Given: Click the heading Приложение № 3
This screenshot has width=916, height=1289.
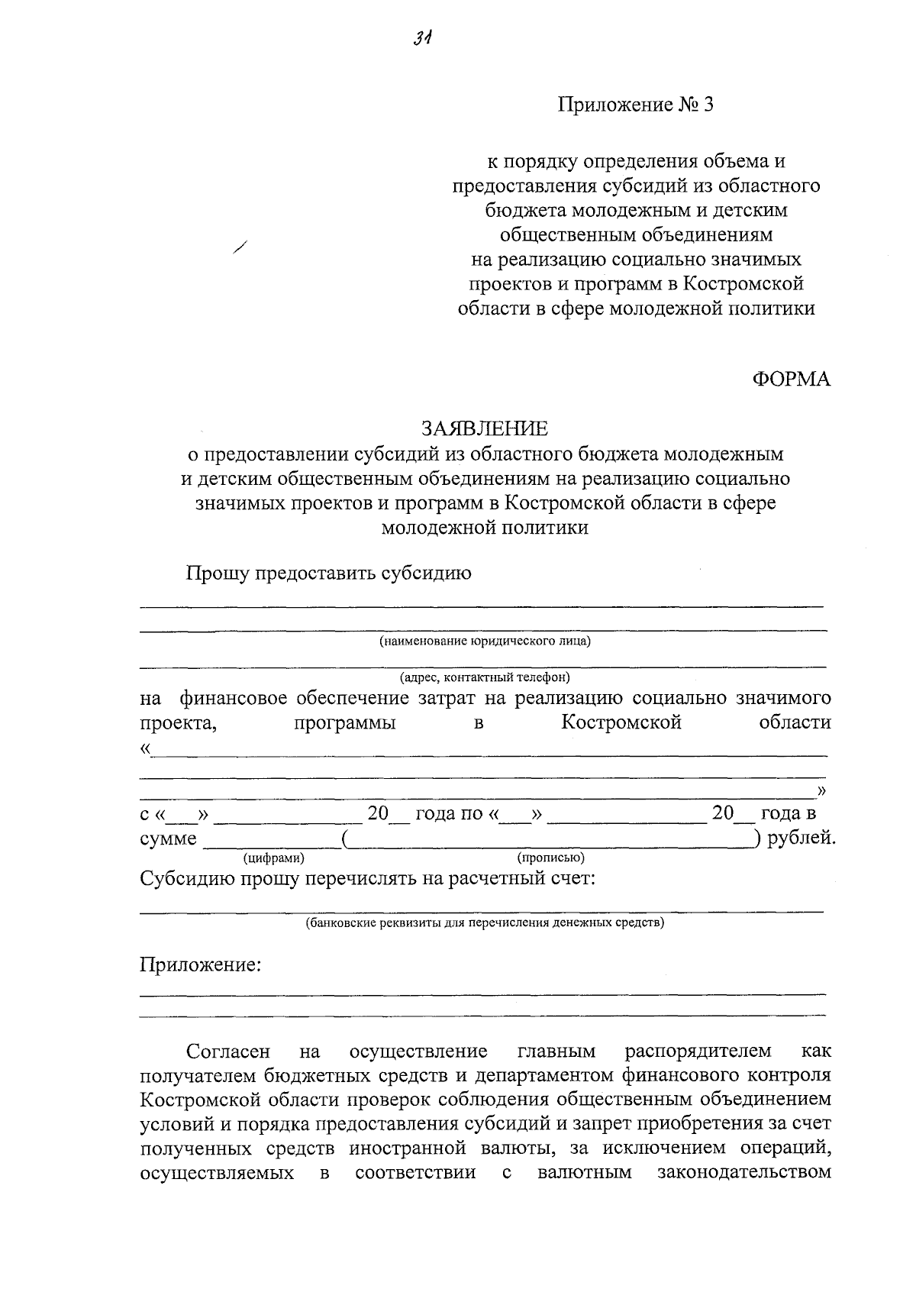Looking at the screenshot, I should point(636,105).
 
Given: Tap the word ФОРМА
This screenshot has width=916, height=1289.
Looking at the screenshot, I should point(792,379).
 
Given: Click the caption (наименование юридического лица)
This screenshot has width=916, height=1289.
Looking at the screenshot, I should point(485,641).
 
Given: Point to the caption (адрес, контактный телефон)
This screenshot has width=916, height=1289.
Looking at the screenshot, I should point(485,677).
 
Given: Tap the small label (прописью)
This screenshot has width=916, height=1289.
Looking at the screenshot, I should point(551,858).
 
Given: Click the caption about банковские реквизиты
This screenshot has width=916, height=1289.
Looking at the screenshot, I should point(485,922).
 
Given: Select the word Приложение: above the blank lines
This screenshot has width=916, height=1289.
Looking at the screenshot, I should point(200,965).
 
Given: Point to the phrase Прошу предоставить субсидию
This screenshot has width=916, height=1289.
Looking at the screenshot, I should point(329,573).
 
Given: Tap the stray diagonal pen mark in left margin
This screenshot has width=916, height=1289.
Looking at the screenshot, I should point(241,247).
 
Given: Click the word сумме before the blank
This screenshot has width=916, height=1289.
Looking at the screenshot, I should point(168,839).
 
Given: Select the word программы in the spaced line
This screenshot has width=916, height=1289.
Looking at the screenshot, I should point(344,722).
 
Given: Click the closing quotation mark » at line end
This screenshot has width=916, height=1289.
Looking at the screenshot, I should point(821,789).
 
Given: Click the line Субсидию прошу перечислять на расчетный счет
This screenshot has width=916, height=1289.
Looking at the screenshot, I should point(367,878).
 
